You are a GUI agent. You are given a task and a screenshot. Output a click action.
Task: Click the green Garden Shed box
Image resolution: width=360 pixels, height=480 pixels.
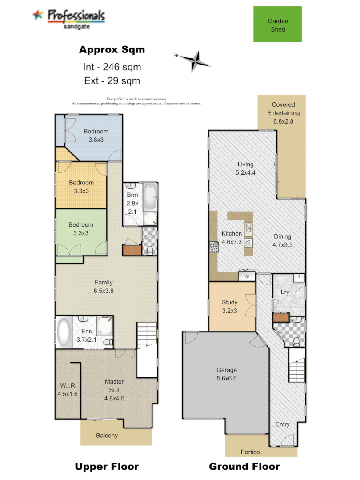tap(277, 24)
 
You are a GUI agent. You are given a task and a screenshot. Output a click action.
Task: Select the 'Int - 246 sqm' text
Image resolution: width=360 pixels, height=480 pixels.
tap(112, 67)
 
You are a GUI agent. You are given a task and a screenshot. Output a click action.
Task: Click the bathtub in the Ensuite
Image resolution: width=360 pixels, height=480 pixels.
tap(63, 332)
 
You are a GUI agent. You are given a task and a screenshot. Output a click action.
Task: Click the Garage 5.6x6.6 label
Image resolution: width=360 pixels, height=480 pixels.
tap(227, 374)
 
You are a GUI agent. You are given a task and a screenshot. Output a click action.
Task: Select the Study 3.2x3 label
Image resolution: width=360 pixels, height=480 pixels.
tap(230, 307)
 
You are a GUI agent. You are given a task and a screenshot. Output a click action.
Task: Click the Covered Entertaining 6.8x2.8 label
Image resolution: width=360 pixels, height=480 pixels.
tap(283, 113)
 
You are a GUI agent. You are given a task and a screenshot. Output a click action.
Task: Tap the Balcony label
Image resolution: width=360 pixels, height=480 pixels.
tap(107, 436)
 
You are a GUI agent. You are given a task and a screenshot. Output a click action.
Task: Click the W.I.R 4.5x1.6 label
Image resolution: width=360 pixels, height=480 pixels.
tap(68, 390)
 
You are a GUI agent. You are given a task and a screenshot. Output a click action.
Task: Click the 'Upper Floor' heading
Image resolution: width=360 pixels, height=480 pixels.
tap(107, 467)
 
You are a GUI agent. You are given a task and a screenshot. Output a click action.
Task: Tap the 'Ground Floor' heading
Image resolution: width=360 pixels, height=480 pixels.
tap(244, 467)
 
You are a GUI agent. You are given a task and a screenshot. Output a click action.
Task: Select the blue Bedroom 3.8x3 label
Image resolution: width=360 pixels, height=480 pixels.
tap(96, 135)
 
